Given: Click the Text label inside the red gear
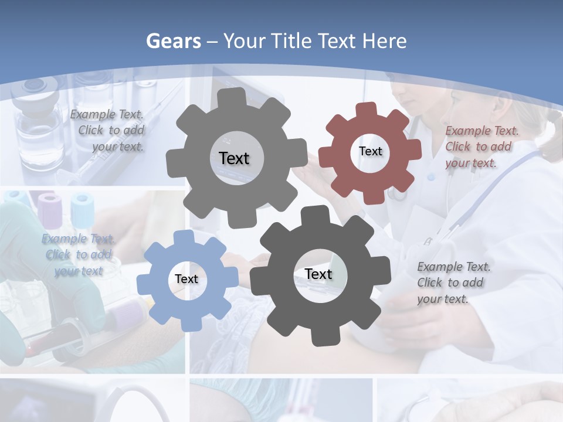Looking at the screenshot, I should click(x=370, y=151).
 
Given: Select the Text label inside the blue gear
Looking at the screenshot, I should click(x=186, y=279).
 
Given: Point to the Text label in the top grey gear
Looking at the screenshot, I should click(x=234, y=158).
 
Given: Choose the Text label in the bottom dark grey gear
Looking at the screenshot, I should click(x=318, y=274).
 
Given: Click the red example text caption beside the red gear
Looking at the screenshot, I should click(x=481, y=147).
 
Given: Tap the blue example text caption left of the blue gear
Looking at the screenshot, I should click(x=79, y=254).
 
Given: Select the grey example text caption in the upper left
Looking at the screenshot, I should click(x=108, y=130).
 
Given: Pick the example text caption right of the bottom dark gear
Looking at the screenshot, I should click(x=454, y=283).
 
